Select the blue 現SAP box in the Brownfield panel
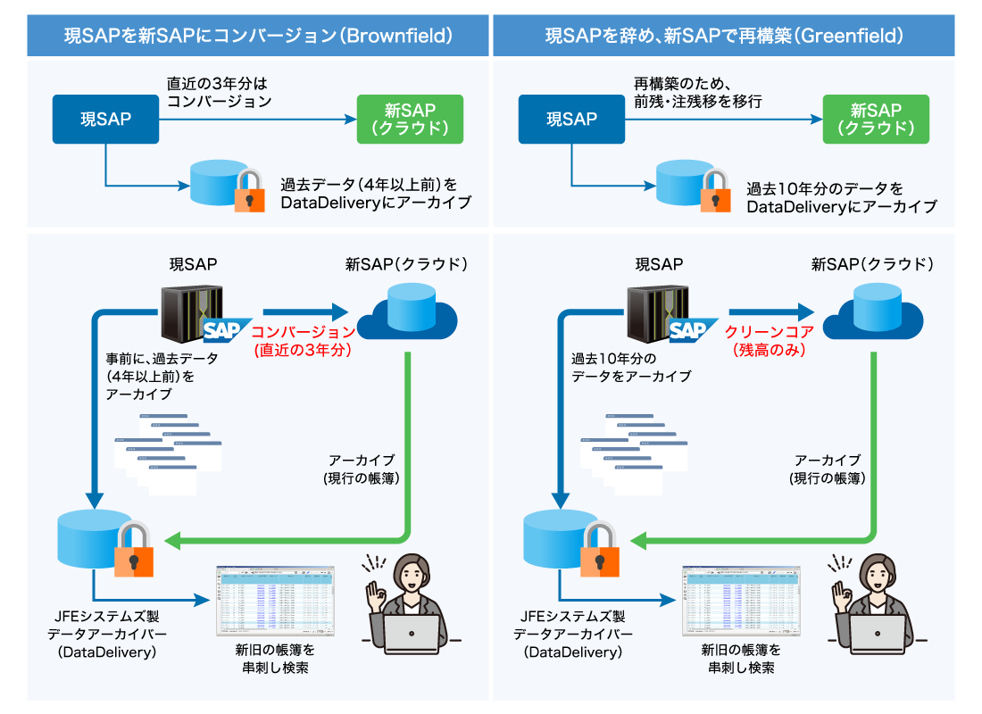pyautogui.click(x=106, y=118)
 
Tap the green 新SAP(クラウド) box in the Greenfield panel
pyautogui.click(x=876, y=118)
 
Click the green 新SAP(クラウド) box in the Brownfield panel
pyautogui.click(x=410, y=118)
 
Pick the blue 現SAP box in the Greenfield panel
pyautogui.click(x=571, y=118)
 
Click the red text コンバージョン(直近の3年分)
pyautogui.click(x=304, y=340)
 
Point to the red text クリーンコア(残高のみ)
pyautogui.click(x=770, y=340)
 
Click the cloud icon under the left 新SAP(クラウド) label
pyautogui.click(x=407, y=313)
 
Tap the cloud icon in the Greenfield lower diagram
pyautogui.click(x=872, y=313)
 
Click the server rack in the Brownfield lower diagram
pyautogui.click(x=189, y=315)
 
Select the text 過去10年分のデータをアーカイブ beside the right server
pyautogui.click(x=631, y=367)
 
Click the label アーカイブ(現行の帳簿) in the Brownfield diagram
pyautogui.click(x=361, y=469)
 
